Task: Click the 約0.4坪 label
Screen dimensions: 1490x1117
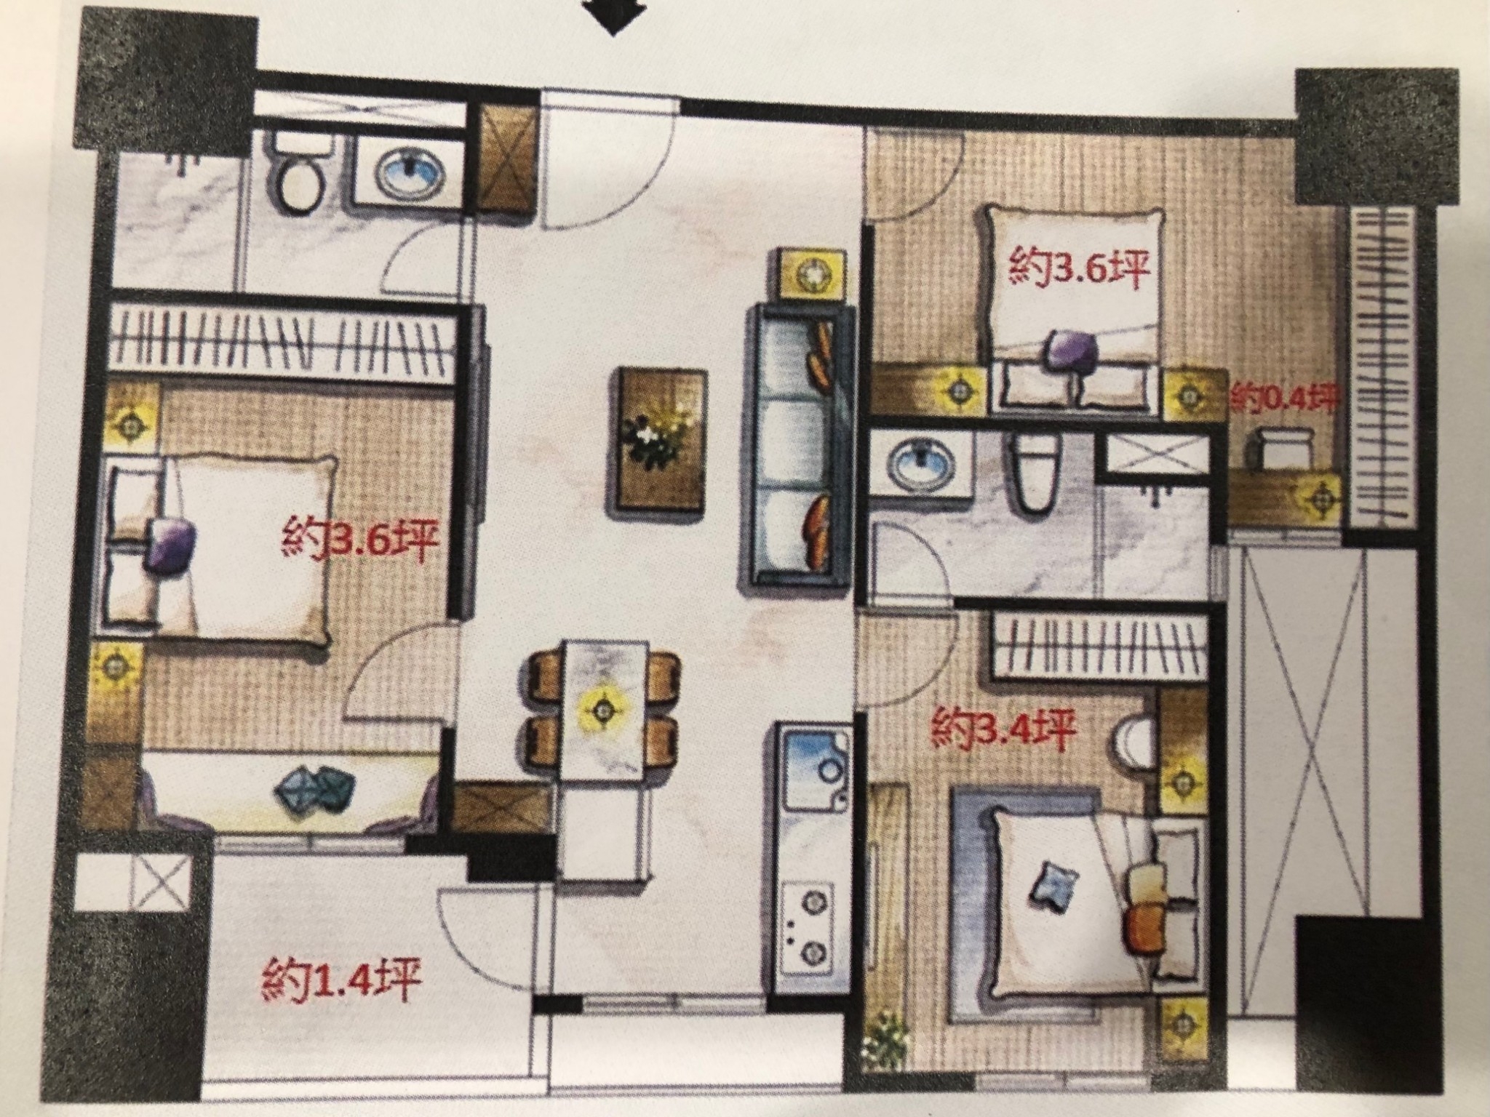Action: point(1284,399)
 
